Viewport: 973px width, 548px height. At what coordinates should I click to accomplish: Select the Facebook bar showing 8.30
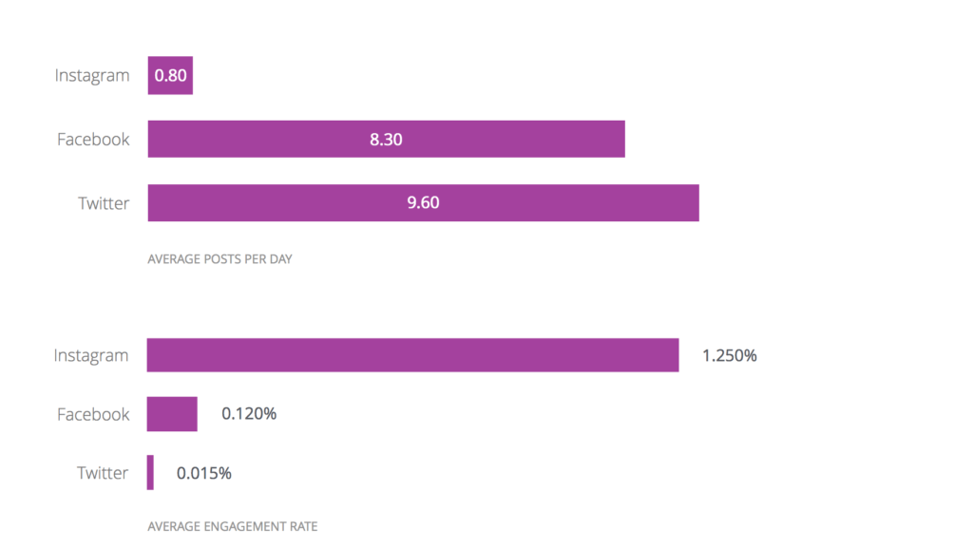(x=285, y=140)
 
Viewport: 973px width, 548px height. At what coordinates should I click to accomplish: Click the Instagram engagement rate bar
(x=412, y=355)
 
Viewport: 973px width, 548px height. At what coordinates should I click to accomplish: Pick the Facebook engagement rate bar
(x=172, y=414)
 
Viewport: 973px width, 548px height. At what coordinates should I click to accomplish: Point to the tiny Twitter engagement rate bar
(x=150, y=472)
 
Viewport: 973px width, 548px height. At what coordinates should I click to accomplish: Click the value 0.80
(x=170, y=76)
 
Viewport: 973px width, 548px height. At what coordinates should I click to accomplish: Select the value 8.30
(x=386, y=140)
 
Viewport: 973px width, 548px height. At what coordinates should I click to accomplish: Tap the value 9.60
(x=423, y=203)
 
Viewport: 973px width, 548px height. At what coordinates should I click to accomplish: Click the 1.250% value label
(x=729, y=356)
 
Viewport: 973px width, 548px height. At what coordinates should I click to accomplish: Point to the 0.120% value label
(x=249, y=414)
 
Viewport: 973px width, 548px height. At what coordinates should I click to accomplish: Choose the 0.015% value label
(x=203, y=472)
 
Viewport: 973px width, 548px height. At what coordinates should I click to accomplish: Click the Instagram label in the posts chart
(x=92, y=76)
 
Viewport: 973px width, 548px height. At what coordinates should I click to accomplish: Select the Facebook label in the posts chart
(x=93, y=140)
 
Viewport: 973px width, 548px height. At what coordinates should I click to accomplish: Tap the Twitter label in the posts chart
(x=104, y=203)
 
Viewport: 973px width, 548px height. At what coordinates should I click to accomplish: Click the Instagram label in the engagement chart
(x=90, y=356)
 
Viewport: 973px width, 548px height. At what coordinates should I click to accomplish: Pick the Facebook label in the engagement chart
(x=93, y=414)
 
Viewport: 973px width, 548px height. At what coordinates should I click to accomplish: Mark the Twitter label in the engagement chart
(x=103, y=472)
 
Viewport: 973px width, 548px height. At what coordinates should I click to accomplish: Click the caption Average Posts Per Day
(x=219, y=258)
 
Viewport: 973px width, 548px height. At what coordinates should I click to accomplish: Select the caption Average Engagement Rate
(x=233, y=526)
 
